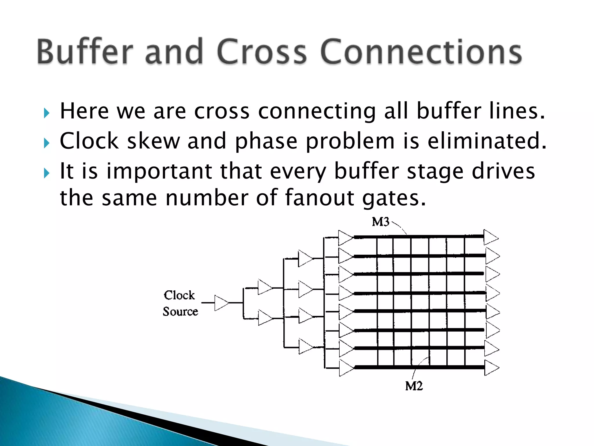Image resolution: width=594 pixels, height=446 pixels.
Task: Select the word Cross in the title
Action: [261, 52]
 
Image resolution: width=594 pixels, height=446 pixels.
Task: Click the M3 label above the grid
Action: [381, 222]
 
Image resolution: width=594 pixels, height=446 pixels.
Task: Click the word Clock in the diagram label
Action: [179, 295]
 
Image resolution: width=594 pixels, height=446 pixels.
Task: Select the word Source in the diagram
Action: [180, 312]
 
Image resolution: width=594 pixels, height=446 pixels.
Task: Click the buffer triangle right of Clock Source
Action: [221, 303]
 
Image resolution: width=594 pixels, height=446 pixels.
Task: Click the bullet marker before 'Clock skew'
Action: [47, 143]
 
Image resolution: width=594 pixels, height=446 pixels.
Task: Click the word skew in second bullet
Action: [153, 141]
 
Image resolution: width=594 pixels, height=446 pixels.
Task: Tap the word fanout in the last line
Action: [319, 198]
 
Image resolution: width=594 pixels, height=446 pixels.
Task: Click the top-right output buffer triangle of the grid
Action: [490, 238]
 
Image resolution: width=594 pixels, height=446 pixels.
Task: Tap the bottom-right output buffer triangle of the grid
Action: [491, 368]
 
